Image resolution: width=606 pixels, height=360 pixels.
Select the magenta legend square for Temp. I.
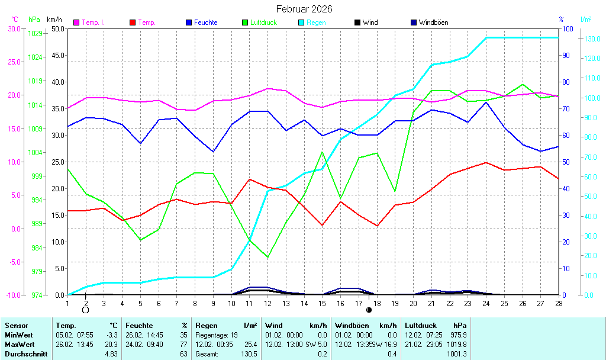click(76, 22)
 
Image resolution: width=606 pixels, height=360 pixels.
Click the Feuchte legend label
click(205, 22)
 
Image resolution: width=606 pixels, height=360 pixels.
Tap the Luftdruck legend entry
click(264, 22)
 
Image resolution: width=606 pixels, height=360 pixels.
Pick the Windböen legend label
click(433, 22)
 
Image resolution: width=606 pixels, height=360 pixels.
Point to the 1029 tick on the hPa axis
click(35, 33)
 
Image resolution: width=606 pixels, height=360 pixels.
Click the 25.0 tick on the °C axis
click(13, 62)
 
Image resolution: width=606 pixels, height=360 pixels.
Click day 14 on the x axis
click(304, 303)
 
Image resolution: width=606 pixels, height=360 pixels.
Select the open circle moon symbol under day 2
click(85, 310)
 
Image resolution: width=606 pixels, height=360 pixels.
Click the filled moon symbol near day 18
click(369, 310)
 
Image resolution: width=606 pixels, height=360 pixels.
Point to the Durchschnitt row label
click(26, 354)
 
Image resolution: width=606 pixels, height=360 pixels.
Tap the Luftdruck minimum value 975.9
click(459, 335)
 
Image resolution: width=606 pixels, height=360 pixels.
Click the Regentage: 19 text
click(216, 335)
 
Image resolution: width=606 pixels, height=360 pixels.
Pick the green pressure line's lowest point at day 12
click(268, 257)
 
